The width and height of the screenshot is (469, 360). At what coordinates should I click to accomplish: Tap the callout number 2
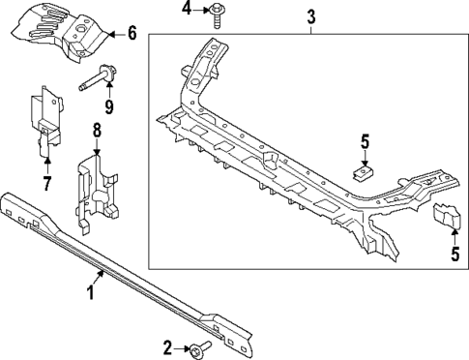(167, 346)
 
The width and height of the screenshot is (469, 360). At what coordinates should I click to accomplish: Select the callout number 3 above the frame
(311, 15)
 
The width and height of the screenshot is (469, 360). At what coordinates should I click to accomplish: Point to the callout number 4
(187, 11)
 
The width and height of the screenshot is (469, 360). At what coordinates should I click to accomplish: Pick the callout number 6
(132, 34)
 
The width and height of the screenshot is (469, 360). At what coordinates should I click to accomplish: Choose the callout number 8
(97, 130)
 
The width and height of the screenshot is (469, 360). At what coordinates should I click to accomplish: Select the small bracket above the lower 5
(446, 219)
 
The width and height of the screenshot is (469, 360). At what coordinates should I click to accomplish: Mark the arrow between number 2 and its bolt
(182, 346)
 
